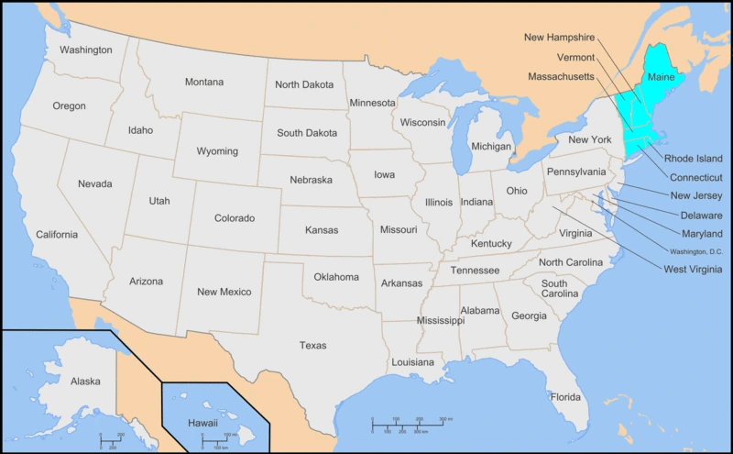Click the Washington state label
point(86,50)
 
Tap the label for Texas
point(312,346)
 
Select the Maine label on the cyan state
point(661,78)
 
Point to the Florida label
point(564,397)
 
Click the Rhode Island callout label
point(693,159)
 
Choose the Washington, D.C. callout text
point(695,251)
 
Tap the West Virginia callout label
point(692,269)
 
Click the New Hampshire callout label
point(559,38)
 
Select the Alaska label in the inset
point(85,381)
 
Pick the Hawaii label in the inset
point(202,423)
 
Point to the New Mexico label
point(224,292)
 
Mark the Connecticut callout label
point(695,177)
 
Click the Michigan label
point(491,146)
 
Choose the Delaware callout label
point(702,215)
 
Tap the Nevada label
point(94,183)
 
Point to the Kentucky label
point(491,243)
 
